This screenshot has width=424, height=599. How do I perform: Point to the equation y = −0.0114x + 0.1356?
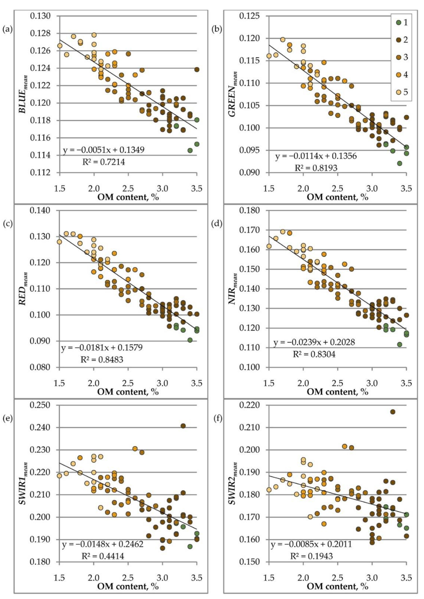click(316, 156)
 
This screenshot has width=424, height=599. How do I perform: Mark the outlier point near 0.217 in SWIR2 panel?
click(392, 412)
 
